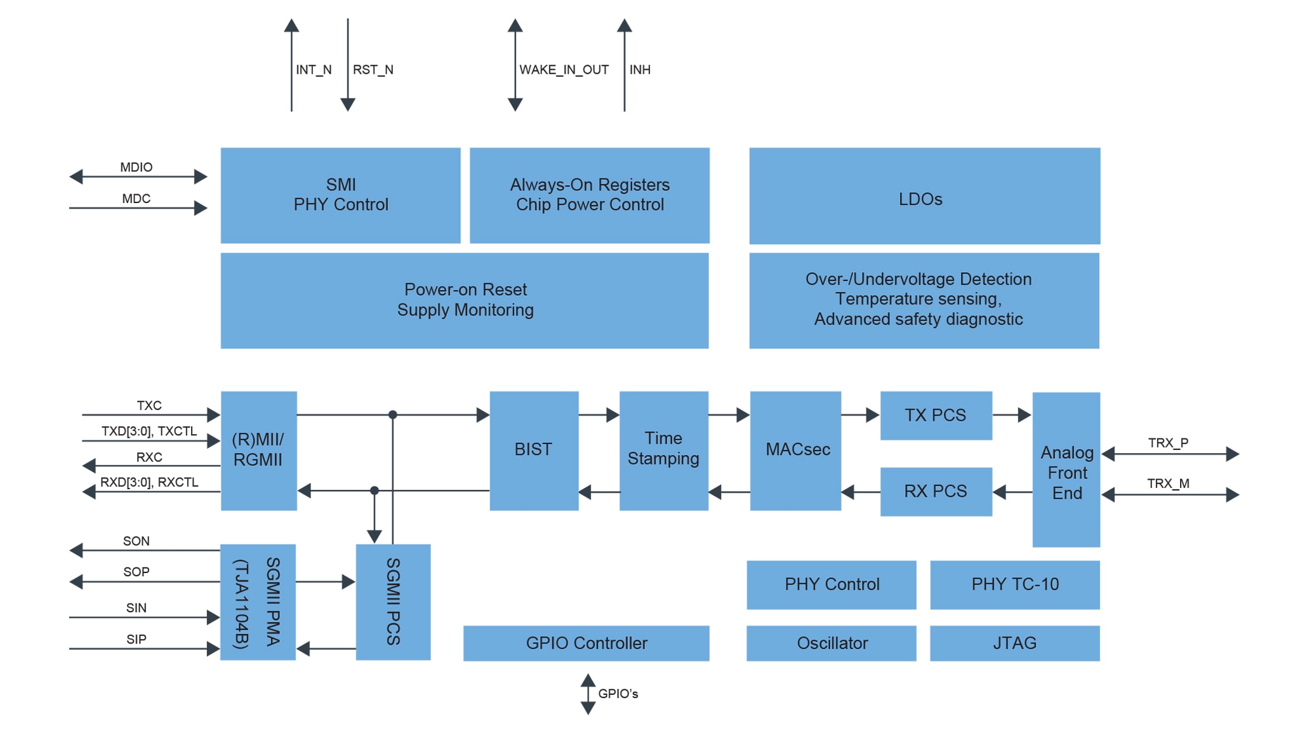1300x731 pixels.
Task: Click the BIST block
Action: pos(534,451)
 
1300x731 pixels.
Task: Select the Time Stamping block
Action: pos(663,451)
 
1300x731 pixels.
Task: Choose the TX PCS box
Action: pos(936,416)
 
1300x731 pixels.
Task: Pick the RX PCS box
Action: pos(936,492)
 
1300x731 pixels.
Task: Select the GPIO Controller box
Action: pos(586,643)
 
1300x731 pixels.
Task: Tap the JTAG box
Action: pos(1014,643)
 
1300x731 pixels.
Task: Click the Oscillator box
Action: pos(831,643)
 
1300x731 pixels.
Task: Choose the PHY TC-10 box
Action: pos(1014,584)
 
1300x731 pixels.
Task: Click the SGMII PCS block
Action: pos(393,602)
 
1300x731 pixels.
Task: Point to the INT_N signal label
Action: pos(314,70)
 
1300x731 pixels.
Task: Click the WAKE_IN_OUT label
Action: pos(564,70)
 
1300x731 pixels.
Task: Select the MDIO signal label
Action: pos(136,167)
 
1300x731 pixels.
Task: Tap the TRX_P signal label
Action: pos(1168,443)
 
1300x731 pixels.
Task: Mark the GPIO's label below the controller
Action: pos(618,694)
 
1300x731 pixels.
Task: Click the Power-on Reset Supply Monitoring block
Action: pos(465,301)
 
